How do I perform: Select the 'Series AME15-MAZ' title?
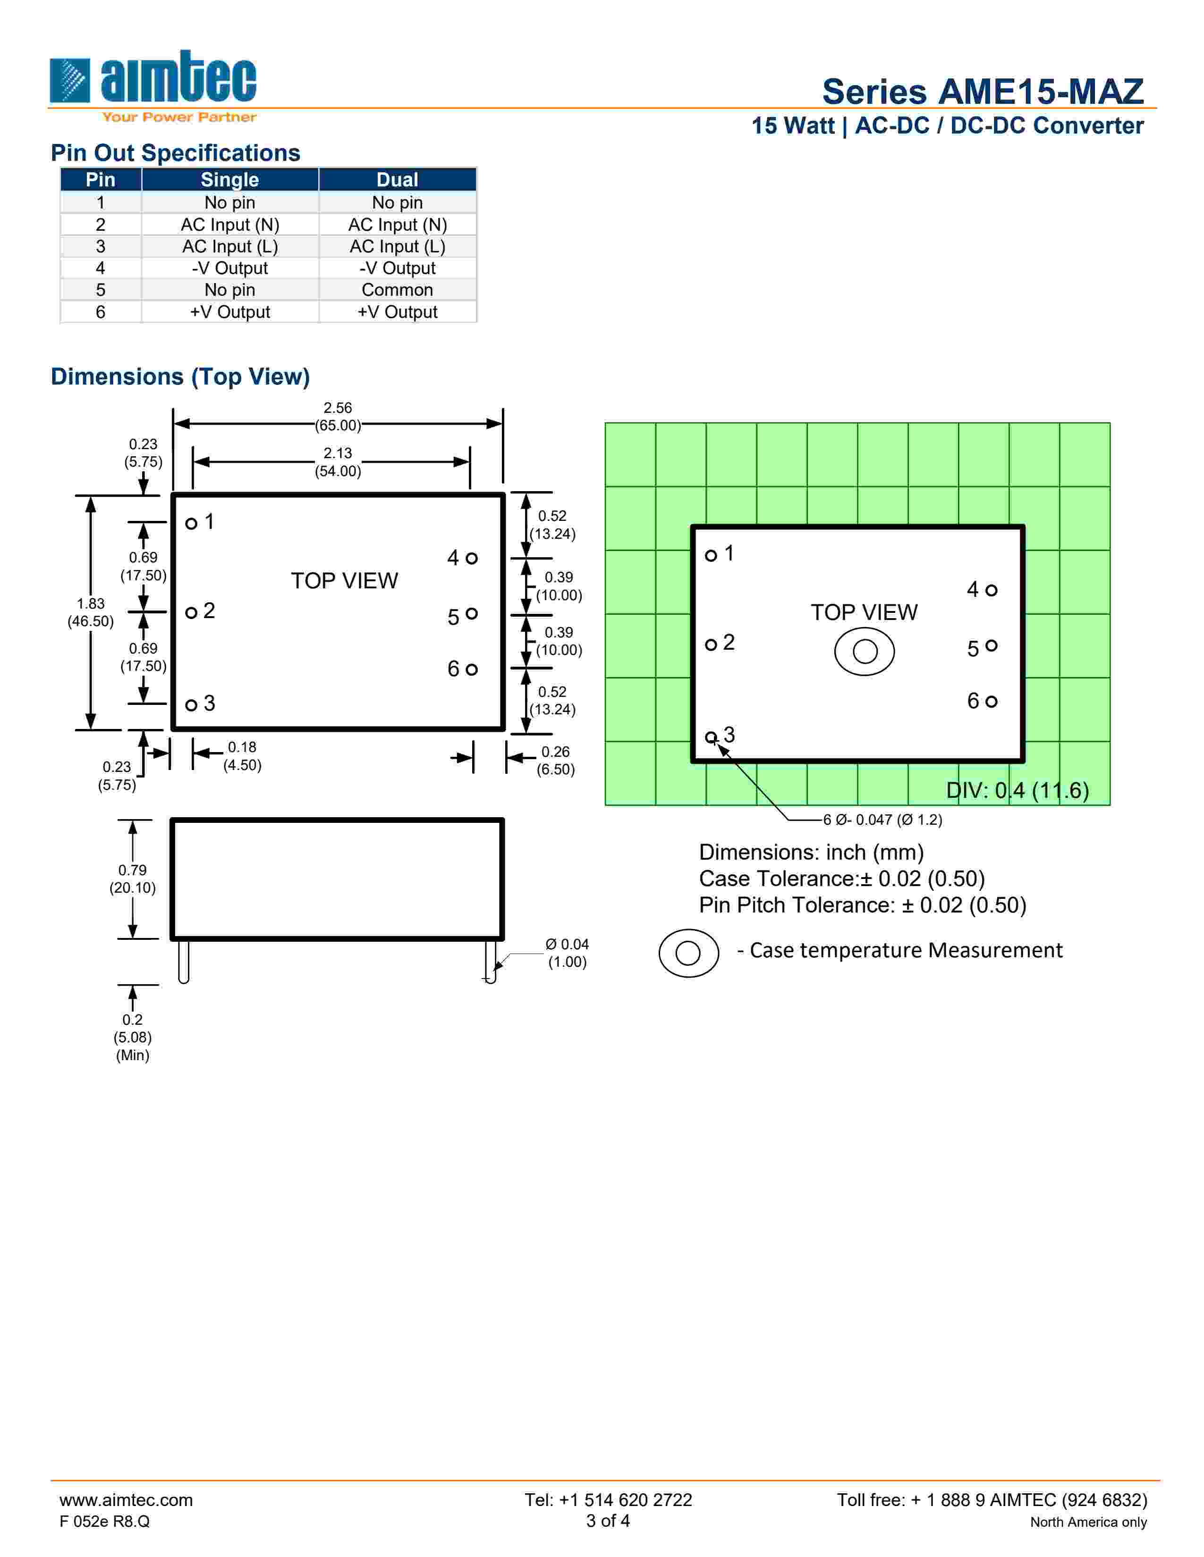point(983,91)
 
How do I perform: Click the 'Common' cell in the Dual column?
point(397,289)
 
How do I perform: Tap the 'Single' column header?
point(229,180)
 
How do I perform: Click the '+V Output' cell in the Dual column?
point(397,311)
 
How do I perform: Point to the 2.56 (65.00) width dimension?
point(338,416)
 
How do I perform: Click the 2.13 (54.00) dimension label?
point(338,462)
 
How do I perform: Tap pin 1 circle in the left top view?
point(191,523)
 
